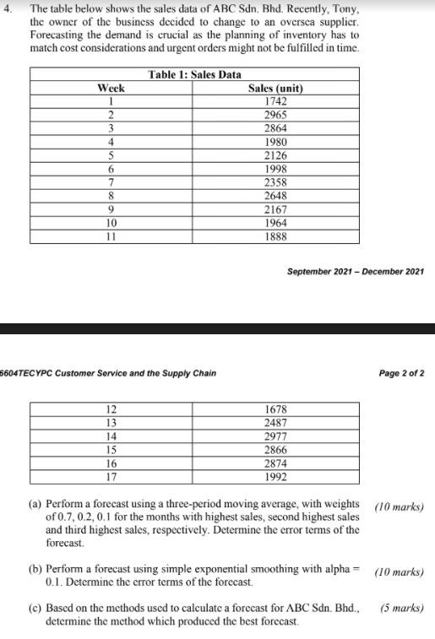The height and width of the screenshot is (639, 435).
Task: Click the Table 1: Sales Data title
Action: click(x=194, y=75)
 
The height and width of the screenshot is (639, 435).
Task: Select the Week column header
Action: click(x=111, y=88)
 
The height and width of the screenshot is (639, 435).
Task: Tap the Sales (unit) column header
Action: click(x=275, y=88)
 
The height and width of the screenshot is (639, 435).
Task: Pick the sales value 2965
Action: click(x=275, y=114)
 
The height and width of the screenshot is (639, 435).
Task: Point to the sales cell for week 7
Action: click(x=275, y=181)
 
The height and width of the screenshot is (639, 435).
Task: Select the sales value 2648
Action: click(x=275, y=195)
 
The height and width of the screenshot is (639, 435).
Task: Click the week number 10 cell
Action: click(x=111, y=222)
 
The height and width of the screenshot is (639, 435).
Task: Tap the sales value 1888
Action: click(x=275, y=236)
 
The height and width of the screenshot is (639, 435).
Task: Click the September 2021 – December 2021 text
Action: click(x=356, y=271)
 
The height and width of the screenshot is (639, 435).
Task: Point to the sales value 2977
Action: click(x=275, y=436)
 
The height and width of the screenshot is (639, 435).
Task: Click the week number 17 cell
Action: click(x=111, y=476)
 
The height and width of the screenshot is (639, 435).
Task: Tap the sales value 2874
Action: click(x=275, y=463)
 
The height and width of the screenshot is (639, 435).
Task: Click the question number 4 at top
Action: click(x=8, y=9)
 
